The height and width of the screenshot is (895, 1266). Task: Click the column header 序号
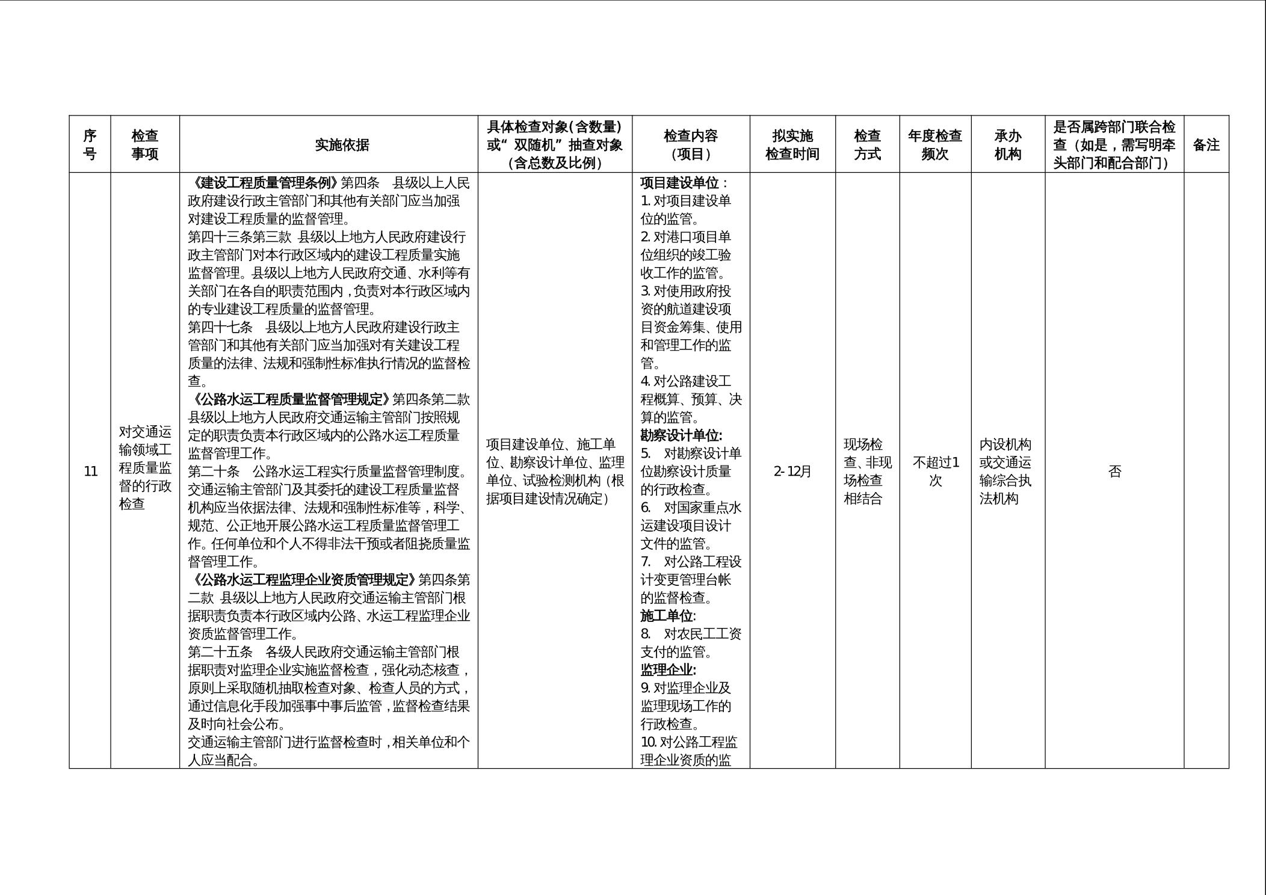point(90,144)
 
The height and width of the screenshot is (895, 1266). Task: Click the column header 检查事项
point(145,144)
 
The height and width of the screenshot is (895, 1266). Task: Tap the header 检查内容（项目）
point(691,144)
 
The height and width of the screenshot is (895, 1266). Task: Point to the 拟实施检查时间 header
point(792,144)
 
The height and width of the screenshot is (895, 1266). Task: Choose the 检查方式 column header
point(867,144)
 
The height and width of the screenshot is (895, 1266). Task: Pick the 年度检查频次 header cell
point(935,144)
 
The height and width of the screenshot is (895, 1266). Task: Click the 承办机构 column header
point(1008,144)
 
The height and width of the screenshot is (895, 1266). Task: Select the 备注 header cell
point(1206,144)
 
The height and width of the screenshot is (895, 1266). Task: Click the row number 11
point(90,471)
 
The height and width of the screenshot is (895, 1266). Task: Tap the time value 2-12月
point(792,471)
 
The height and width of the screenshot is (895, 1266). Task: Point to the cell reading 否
point(1114,471)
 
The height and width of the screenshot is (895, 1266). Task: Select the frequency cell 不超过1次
point(935,471)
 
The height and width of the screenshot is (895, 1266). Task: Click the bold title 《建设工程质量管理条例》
point(265,183)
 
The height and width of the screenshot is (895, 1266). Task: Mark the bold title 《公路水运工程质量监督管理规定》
point(290,399)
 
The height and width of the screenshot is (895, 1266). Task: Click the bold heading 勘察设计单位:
point(681,435)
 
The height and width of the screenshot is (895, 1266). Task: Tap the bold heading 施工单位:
point(668,616)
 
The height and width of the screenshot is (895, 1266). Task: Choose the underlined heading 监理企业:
point(668,670)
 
